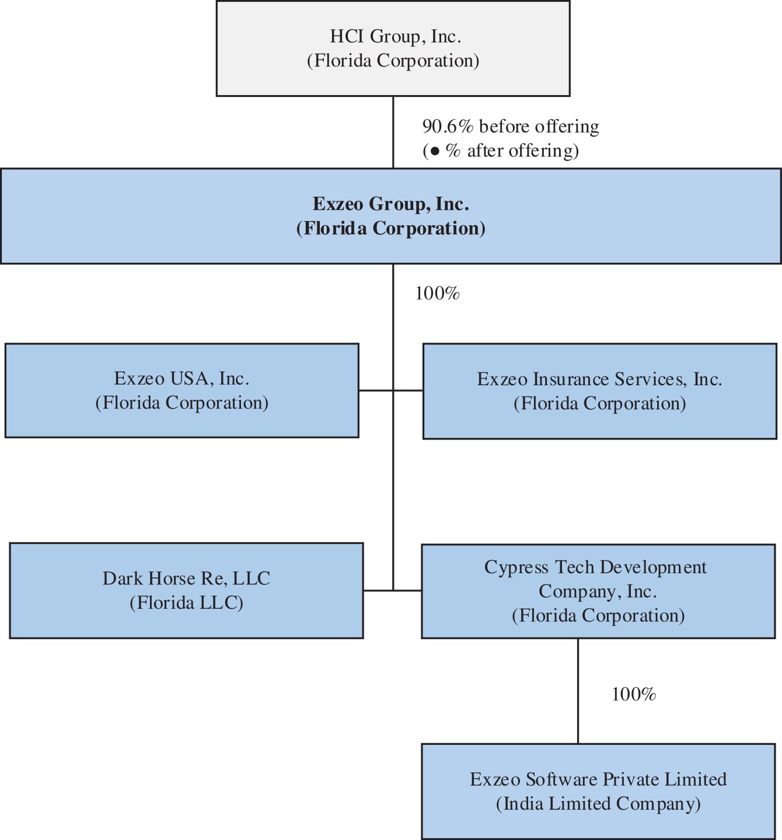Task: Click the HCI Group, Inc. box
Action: click(393, 48)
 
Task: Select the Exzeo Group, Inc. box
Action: click(391, 216)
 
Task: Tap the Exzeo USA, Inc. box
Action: click(182, 391)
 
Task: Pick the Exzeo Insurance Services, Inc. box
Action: click(600, 391)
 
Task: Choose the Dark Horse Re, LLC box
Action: click(186, 591)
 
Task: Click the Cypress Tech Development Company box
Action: click(598, 591)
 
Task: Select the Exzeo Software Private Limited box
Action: click(598, 792)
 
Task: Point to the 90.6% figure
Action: click(448, 127)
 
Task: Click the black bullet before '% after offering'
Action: click(435, 151)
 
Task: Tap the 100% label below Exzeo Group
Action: click(437, 293)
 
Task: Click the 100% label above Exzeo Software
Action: click(634, 694)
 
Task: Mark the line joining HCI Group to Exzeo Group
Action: click(393, 133)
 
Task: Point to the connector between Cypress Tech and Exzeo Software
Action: click(578, 691)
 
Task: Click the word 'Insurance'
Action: click(571, 379)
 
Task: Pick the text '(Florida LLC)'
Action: click(187, 603)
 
